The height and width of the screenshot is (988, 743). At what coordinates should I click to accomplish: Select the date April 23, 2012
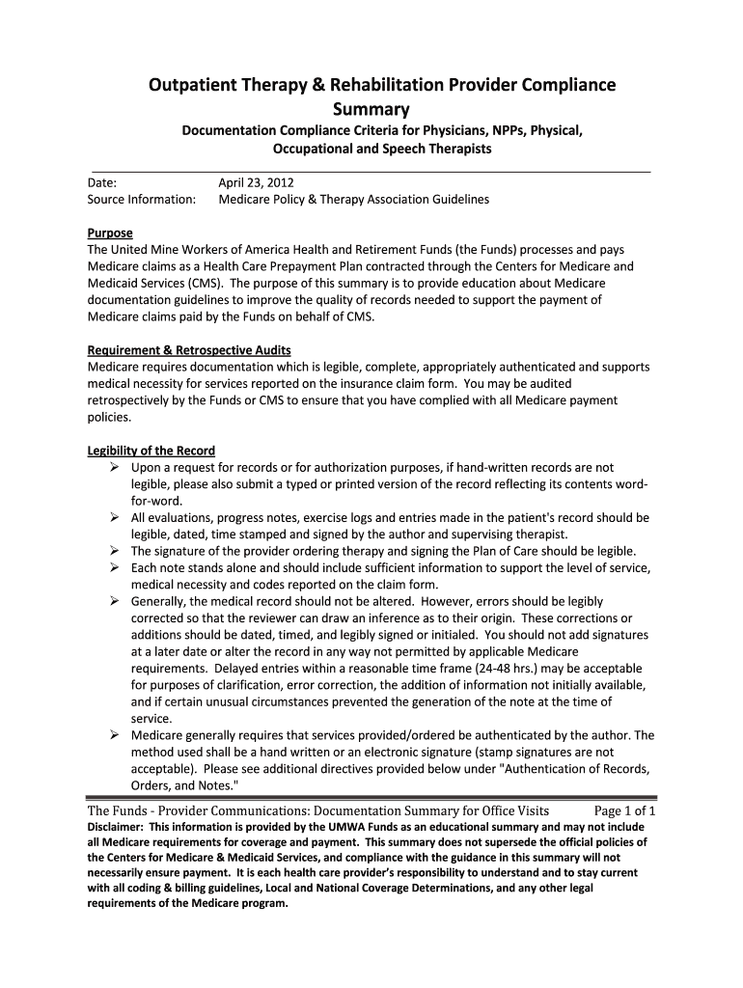pyautogui.click(x=256, y=181)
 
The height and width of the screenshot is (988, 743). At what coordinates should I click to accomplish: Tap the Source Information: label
pyautogui.click(x=142, y=200)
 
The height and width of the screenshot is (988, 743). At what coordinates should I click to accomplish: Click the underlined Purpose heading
pyautogui.click(x=110, y=233)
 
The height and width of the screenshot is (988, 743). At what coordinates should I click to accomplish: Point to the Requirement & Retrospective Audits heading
pyautogui.click(x=189, y=349)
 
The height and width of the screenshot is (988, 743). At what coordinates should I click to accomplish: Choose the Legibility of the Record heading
pyautogui.click(x=151, y=451)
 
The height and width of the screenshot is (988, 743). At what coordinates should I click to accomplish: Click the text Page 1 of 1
pyautogui.click(x=625, y=810)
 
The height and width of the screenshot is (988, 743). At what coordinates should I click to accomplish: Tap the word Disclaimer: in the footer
pyautogui.click(x=115, y=828)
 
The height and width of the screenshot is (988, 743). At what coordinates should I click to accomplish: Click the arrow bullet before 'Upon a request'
pyautogui.click(x=114, y=468)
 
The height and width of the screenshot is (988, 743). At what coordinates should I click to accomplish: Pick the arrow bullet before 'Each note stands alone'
pyautogui.click(x=114, y=567)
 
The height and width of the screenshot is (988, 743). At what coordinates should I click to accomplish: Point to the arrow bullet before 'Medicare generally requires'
pyautogui.click(x=114, y=735)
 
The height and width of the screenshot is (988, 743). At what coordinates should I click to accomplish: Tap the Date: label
pyautogui.click(x=102, y=181)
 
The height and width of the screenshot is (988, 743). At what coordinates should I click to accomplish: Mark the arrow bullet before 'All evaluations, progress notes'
pyautogui.click(x=114, y=518)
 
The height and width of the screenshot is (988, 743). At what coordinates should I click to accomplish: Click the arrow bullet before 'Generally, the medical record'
pyautogui.click(x=114, y=601)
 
